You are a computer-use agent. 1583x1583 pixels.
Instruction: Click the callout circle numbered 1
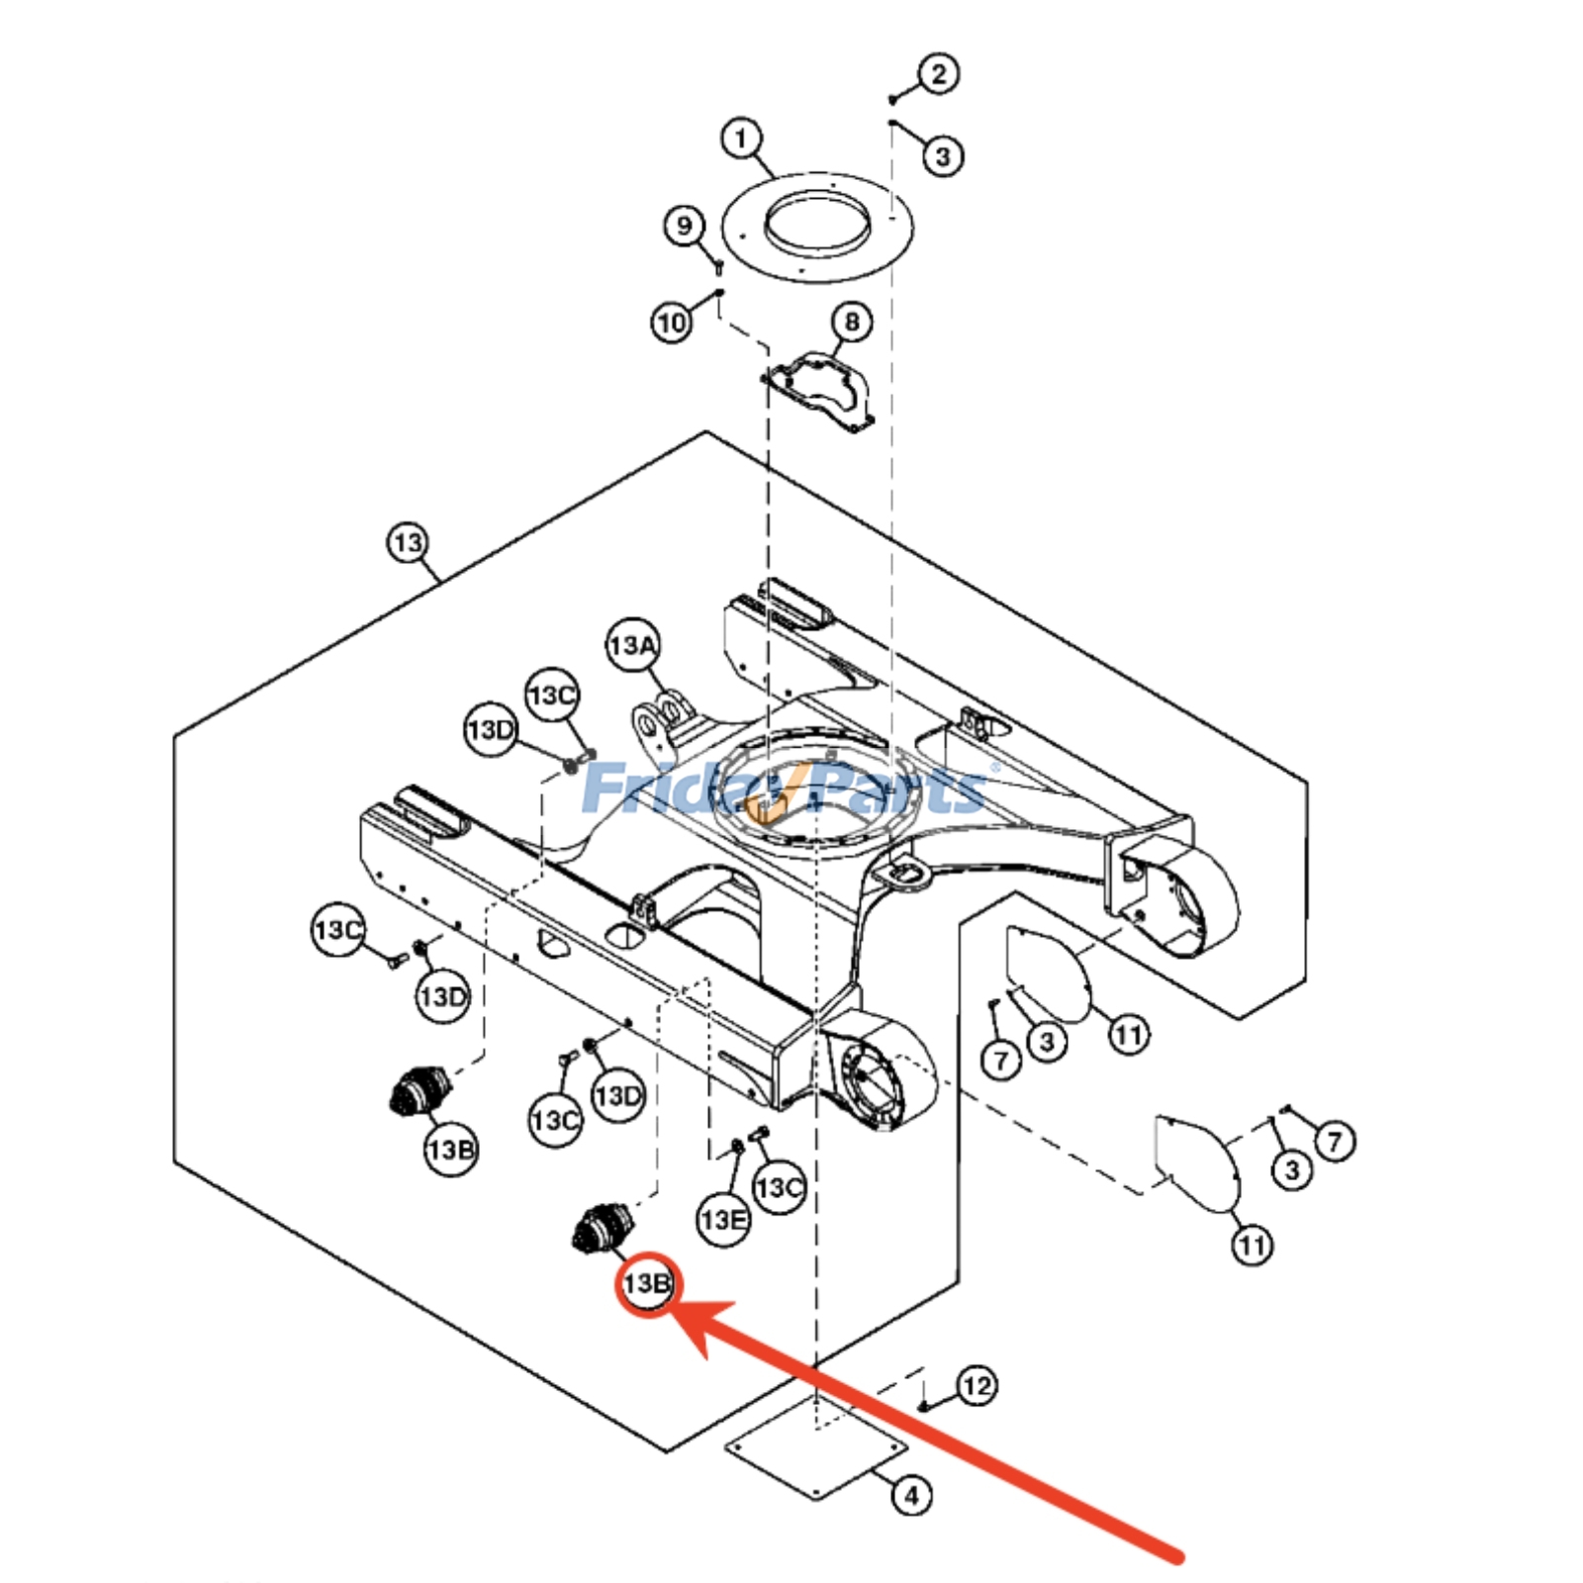pyautogui.click(x=742, y=138)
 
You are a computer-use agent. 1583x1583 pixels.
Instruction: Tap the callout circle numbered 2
pyautogui.click(x=938, y=73)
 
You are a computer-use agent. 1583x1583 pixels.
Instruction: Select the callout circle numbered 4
pyautogui.click(x=911, y=1495)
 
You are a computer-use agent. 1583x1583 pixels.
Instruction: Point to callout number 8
pyautogui.click(x=851, y=322)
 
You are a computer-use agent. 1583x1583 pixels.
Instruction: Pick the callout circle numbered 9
pyautogui.click(x=684, y=227)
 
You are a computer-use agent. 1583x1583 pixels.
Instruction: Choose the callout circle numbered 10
pyautogui.click(x=672, y=323)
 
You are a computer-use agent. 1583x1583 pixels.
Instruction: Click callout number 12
pyautogui.click(x=976, y=1386)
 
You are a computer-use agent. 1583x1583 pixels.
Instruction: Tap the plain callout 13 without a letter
pyautogui.click(x=408, y=542)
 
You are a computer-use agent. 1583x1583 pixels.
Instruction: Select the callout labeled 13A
pyautogui.click(x=632, y=646)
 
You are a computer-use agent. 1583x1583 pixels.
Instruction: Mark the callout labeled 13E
pyautogui.click(x=723, y=1219)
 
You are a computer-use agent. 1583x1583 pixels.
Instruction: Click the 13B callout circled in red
pyautogui.click(x=647, y=1284)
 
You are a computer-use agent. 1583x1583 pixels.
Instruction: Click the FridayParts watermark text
pyautogui.click(x=787, y=789)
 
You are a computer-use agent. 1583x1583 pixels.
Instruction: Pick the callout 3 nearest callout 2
pyautogui.click(x=942, y=155)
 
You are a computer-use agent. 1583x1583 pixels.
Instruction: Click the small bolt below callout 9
pyautogui.click(x=719, y=266)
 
